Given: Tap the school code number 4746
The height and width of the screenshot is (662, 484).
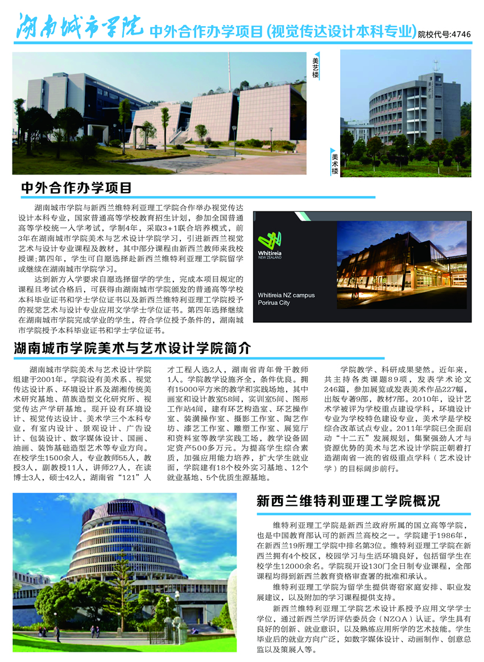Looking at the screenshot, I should [x=460, y=34].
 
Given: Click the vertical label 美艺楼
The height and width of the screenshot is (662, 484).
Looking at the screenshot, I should [x=316, y=66].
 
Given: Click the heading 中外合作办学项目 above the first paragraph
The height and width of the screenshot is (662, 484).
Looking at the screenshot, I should [x=76, y=188].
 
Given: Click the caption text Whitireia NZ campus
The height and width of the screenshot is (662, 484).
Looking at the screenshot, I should [x=286, y=295].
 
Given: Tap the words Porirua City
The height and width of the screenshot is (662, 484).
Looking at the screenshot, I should [x=274, y=303].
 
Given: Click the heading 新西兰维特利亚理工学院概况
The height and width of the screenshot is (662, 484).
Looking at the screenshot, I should [x=348, y=501].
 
